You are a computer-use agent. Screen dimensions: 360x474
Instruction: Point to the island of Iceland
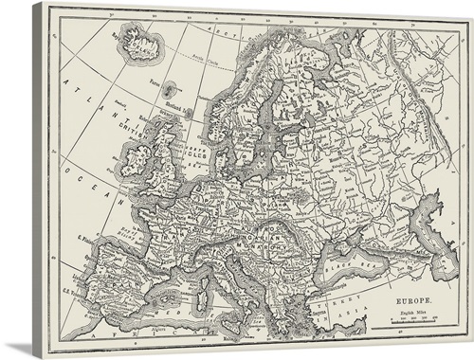pyautogui.click(x=140, y=42)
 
